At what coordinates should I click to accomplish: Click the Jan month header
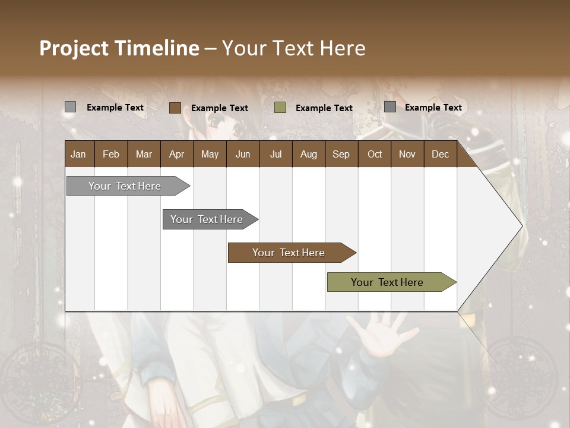[x=79, y=154]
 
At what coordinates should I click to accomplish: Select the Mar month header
[x=144, y=154]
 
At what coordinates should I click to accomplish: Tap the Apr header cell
[x=177, y=154]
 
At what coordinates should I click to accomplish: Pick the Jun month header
[x=243, y=154]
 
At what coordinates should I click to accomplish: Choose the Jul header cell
[x=275, y=154]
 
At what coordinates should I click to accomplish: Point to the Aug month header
[x=309, y=154]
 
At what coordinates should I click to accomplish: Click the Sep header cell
[x=341, y=154]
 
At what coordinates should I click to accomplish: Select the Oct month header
[x=375, y=154]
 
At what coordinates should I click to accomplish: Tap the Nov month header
[x=407, y=154]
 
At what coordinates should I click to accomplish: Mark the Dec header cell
[x=441, y=154]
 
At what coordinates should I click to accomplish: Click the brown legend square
[x=175, y=108]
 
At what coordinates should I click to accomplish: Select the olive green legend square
[x=280, y=108]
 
